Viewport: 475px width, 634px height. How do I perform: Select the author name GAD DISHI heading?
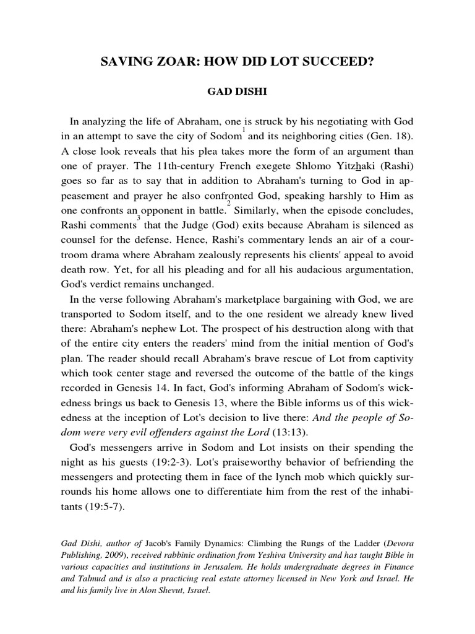(237, 92)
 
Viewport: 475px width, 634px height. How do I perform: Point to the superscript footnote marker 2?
(229, 203)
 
